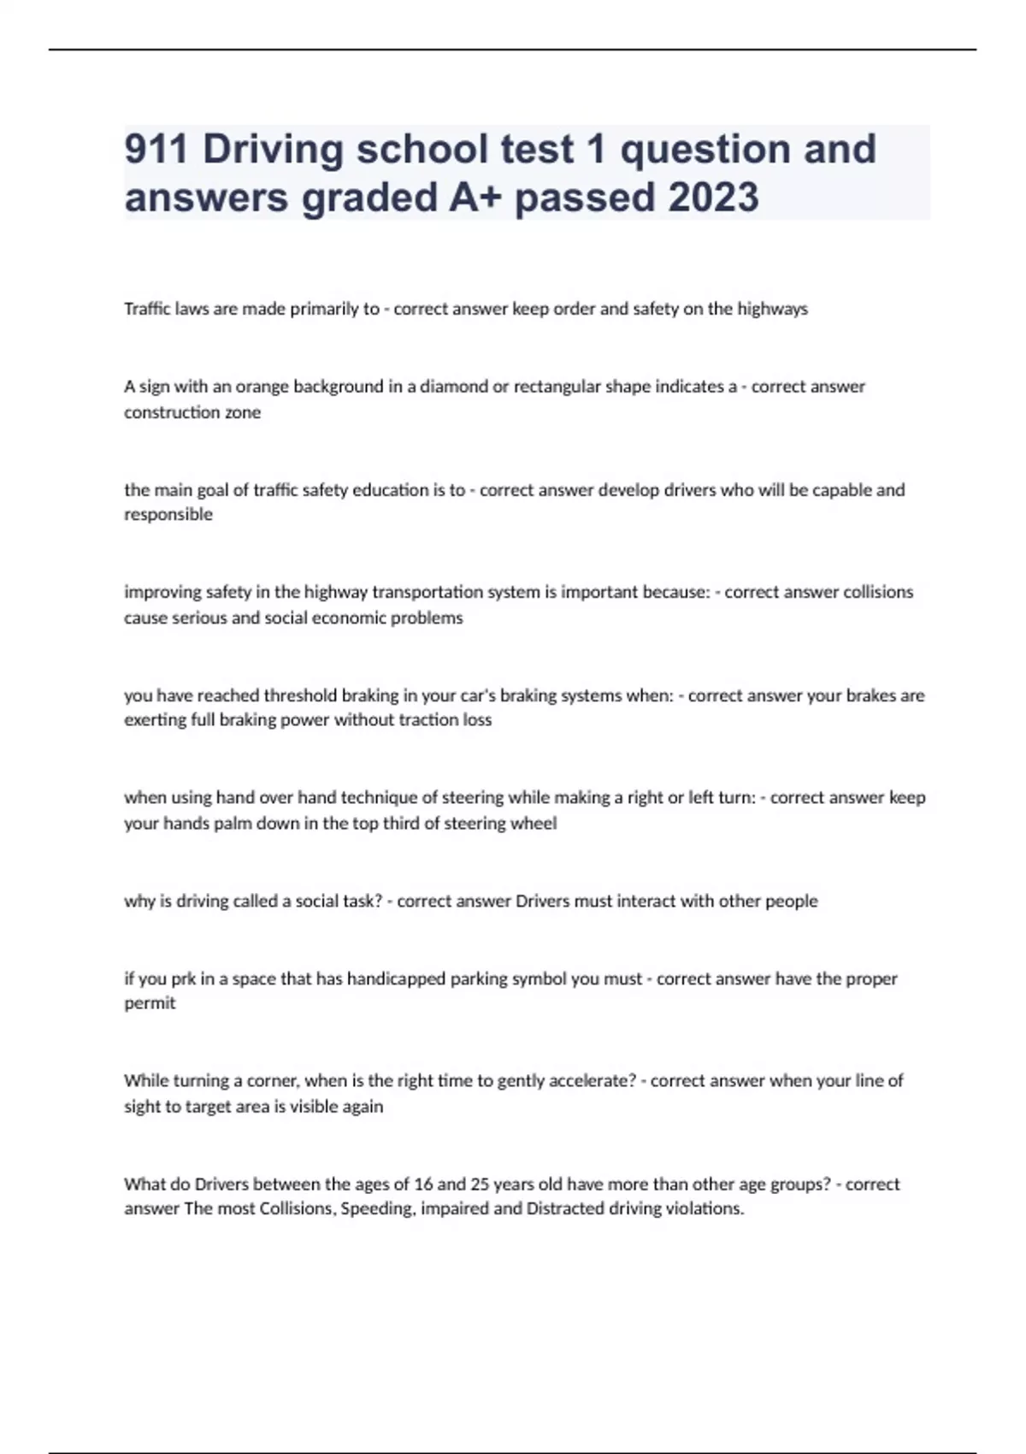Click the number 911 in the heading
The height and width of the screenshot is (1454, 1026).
tap(156, 149)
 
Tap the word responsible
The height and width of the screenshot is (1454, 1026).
tap(168, 515)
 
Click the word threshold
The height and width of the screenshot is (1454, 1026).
tap(300, 695)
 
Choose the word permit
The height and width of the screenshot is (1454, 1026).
tap(150, 1003)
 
